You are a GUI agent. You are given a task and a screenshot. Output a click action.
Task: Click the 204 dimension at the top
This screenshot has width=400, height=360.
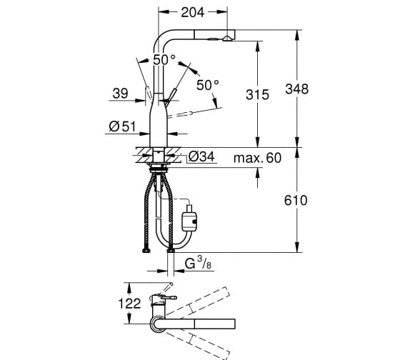click(193, 12)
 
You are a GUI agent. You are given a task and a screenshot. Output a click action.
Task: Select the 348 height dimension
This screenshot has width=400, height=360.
click(296, 89)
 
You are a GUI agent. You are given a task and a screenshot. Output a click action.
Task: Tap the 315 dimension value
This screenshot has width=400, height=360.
click(257, 95)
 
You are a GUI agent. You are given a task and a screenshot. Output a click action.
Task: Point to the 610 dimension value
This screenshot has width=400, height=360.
click(296, 201)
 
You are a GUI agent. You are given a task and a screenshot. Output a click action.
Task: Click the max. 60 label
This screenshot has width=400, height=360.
click(257, 158)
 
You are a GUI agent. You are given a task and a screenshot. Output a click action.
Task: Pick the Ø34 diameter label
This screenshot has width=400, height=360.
click(201, 156)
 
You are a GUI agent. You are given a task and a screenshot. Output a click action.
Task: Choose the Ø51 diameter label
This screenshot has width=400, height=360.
click(122, 126)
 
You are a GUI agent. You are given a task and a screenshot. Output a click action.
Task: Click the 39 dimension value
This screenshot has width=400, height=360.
click(120, 94)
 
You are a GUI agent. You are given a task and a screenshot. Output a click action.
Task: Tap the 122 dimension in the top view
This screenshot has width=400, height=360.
click(129, 304)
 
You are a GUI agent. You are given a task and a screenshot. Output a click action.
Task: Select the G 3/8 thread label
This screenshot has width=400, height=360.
click(199, 263)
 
